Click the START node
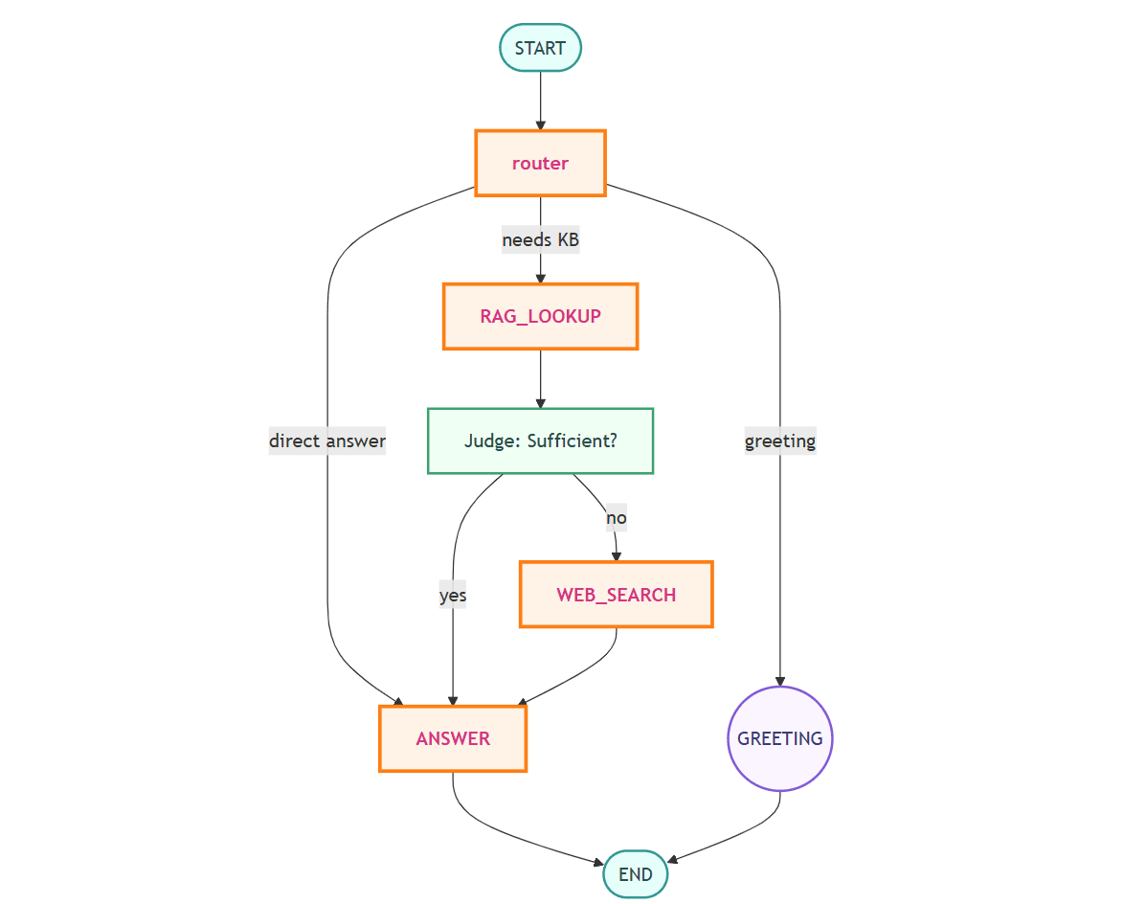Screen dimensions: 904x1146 click(x=540, y=48)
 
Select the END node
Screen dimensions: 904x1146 click(x=635, y=873)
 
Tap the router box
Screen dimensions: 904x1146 click(x=540, y=163)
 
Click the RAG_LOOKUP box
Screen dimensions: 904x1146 click(x=540, y=316)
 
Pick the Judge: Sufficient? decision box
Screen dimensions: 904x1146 click(x=540, y=441)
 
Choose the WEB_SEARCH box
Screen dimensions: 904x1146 click(x=616, y=595)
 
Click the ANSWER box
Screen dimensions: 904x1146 click(x=453, y=738)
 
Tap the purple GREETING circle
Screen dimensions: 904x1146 click(x=780, y=738)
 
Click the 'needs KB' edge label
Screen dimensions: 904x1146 click(x=540, y=240)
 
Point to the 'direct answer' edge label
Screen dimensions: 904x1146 click(x=327, y=441)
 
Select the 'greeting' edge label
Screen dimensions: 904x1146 click(x=780, y=441)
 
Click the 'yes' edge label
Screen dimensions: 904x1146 click(x=453, y=595)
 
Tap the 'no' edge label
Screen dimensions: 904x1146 click(x=616, y=518)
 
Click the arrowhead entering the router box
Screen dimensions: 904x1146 click(x=540, y=124)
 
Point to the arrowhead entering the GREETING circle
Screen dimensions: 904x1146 click(x=780, y=680)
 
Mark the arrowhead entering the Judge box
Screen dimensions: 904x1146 click(x=540, y=402)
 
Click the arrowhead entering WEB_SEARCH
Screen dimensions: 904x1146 click(x=616, y=555)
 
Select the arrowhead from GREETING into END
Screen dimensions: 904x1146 click(x=672, y=859)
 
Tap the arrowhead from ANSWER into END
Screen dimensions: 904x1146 click(x=597, y=863)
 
